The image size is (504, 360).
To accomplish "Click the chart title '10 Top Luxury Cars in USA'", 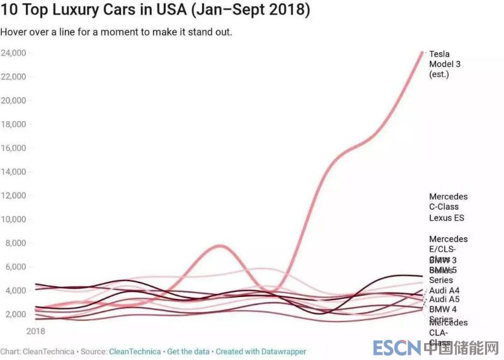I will pyautogui.click(x=156, y=11).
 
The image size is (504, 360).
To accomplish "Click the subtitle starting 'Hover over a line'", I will pyautogui.click(x=117, y=32).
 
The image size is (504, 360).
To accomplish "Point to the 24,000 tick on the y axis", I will pyautogui.click(x=13, y=53).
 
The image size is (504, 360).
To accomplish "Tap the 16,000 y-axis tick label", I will pyautogui.click(x=13, y=148).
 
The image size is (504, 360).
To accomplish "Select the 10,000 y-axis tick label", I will pyautogui.click(x=13, y=219).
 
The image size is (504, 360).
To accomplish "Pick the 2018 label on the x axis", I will pyautogui.click(x=37, y=330).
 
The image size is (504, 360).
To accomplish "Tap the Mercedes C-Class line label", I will pyautogui.click(x=449, y=202).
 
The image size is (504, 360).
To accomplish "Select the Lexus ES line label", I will pyautogui.click(x=447, y=218).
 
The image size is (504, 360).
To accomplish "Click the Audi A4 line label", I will pyautogui.click(x=444, y=291).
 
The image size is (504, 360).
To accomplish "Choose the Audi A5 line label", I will pyautogui.click(x=444, y=299).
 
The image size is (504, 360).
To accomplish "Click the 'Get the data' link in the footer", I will pyautogui.click(x=188, y=351).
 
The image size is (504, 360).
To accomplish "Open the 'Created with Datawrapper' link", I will pyautogui.click(x=261, y=351).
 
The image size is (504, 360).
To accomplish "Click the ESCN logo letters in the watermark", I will pyautogui.click(x=396, y=347).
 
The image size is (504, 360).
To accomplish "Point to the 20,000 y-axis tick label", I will pyautogui.click(x=13, y=100).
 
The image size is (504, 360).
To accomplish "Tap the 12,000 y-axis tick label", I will pyautogui.click(x=13, y=195).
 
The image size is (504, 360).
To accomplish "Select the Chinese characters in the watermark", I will pyautogui.click(x=462, y=347).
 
